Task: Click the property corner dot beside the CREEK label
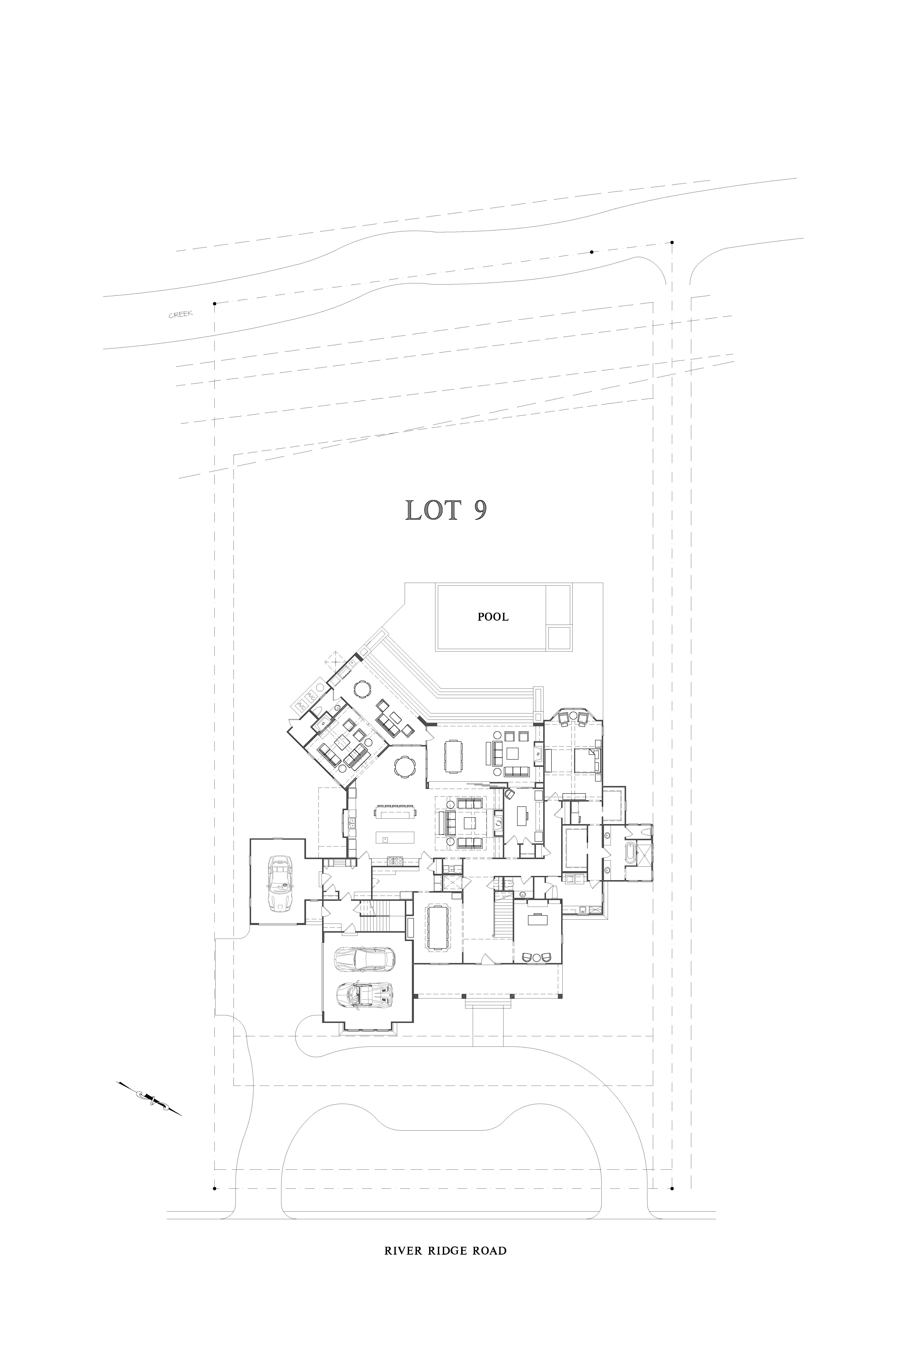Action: (x=215, y=303)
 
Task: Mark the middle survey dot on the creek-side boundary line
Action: (x=592, y=252)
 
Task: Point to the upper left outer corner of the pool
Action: (x=435, y=584)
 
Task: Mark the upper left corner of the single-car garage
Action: (x=250, y=839)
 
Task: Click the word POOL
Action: (x=493, y=617)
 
